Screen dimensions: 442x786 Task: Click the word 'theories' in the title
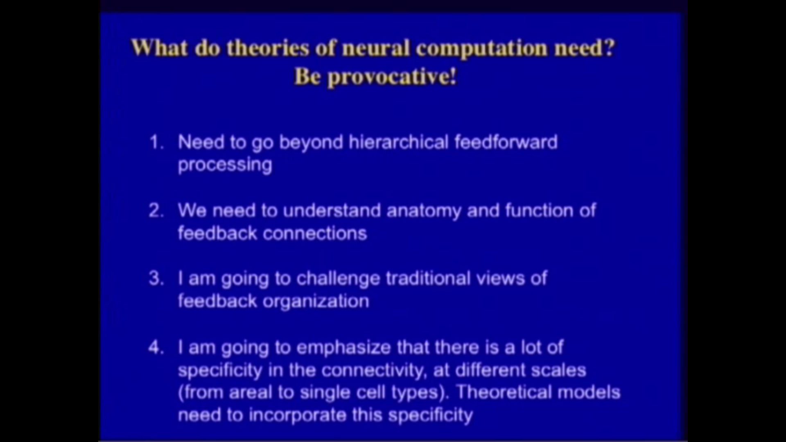[268, 48]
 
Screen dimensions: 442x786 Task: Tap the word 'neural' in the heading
[375, 48]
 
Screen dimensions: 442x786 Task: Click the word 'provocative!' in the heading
[392, 77]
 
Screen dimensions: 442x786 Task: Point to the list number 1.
[156, 142]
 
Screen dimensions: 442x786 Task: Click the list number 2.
[156, 211]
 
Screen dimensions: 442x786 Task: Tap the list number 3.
[156, 279]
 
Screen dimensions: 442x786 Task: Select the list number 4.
[156, 347]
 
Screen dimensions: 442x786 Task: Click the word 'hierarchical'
[399, 142]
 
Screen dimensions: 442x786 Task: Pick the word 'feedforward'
[506, 142]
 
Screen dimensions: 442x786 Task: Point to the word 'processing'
[225, 165]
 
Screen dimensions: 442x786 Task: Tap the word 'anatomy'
[423, 211]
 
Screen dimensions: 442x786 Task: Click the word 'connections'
[314, 233]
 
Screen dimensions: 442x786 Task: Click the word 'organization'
[316, 302]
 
